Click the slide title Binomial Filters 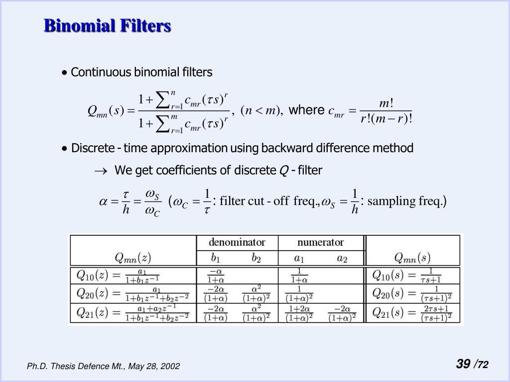click(x=107, y=25)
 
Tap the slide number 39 click(x=463, y=364)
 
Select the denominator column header click(x=237, y=243)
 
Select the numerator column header click(x=320, y=243)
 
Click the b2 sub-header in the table click(x=256, y=258)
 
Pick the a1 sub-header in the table click(x=299, y=258)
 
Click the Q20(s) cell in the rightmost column click(x=412, y=294)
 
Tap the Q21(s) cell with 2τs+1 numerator click(x=412, y=313)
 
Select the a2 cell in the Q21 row click(x=342, y=313)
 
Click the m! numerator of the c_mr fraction click(x=386, y=103)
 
